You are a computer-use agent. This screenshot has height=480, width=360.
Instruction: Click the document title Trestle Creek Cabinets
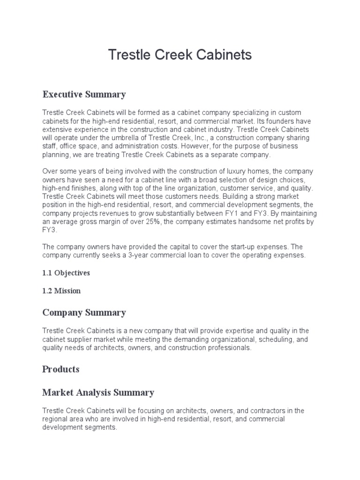click(x=180, y=55)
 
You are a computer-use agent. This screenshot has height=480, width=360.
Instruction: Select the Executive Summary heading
click(x=84, y=94)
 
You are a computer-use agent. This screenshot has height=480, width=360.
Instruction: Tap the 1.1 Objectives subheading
click(x=66, y=272)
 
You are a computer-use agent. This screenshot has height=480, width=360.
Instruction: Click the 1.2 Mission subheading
click(x=61, y=291)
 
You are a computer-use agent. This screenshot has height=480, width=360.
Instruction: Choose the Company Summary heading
click(x=84, y=312)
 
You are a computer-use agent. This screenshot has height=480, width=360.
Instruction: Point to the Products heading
click(x=61, y=369)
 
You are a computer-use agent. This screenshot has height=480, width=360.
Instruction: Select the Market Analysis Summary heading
click(x=98, y=392)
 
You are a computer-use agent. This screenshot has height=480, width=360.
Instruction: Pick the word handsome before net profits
click(x=249, y=222)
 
